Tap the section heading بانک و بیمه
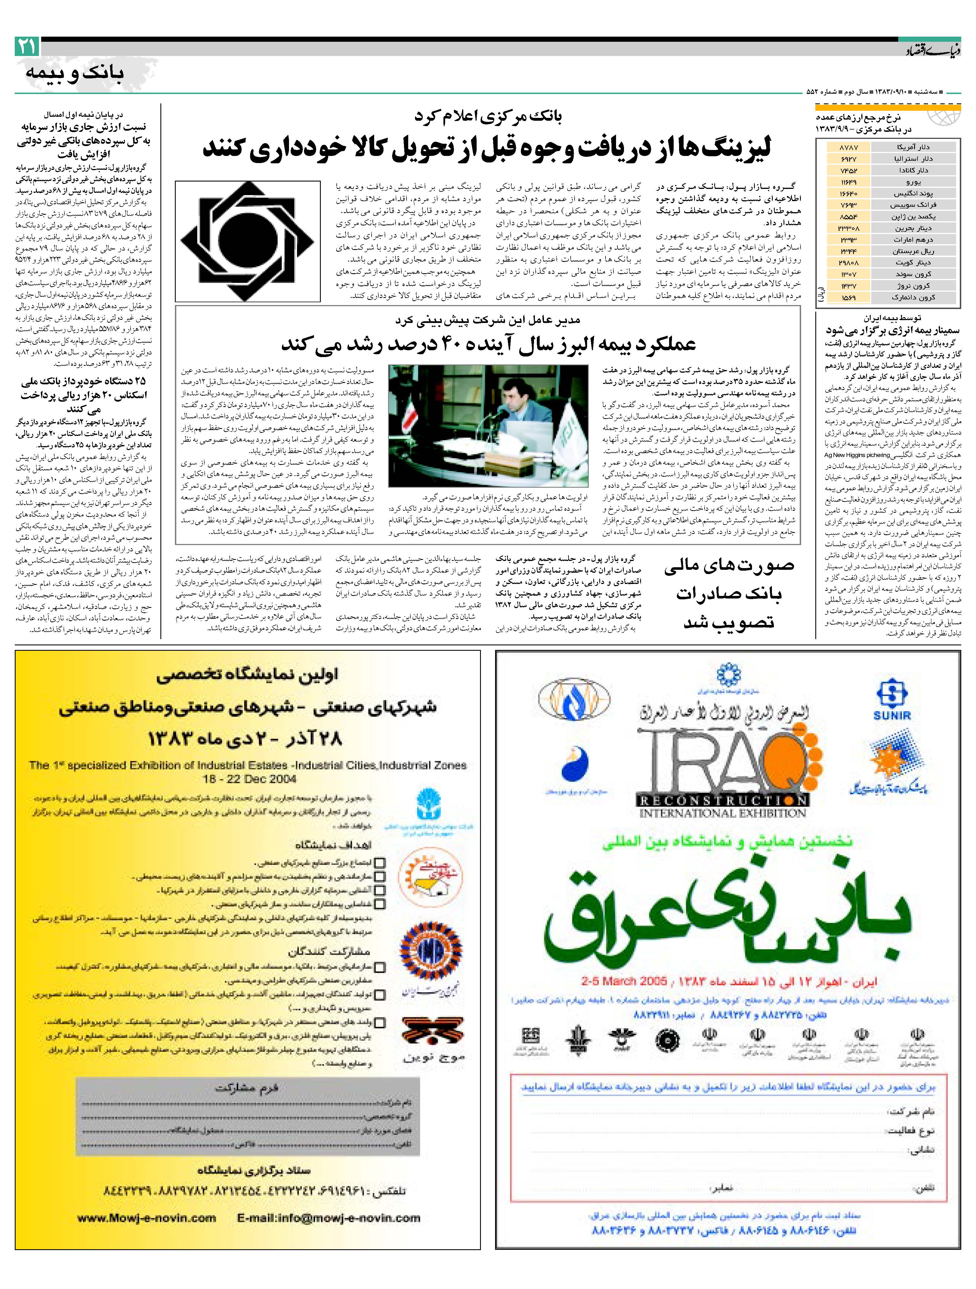point(75,73)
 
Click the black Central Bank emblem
point(248,241)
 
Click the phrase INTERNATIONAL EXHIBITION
point(722,813)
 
